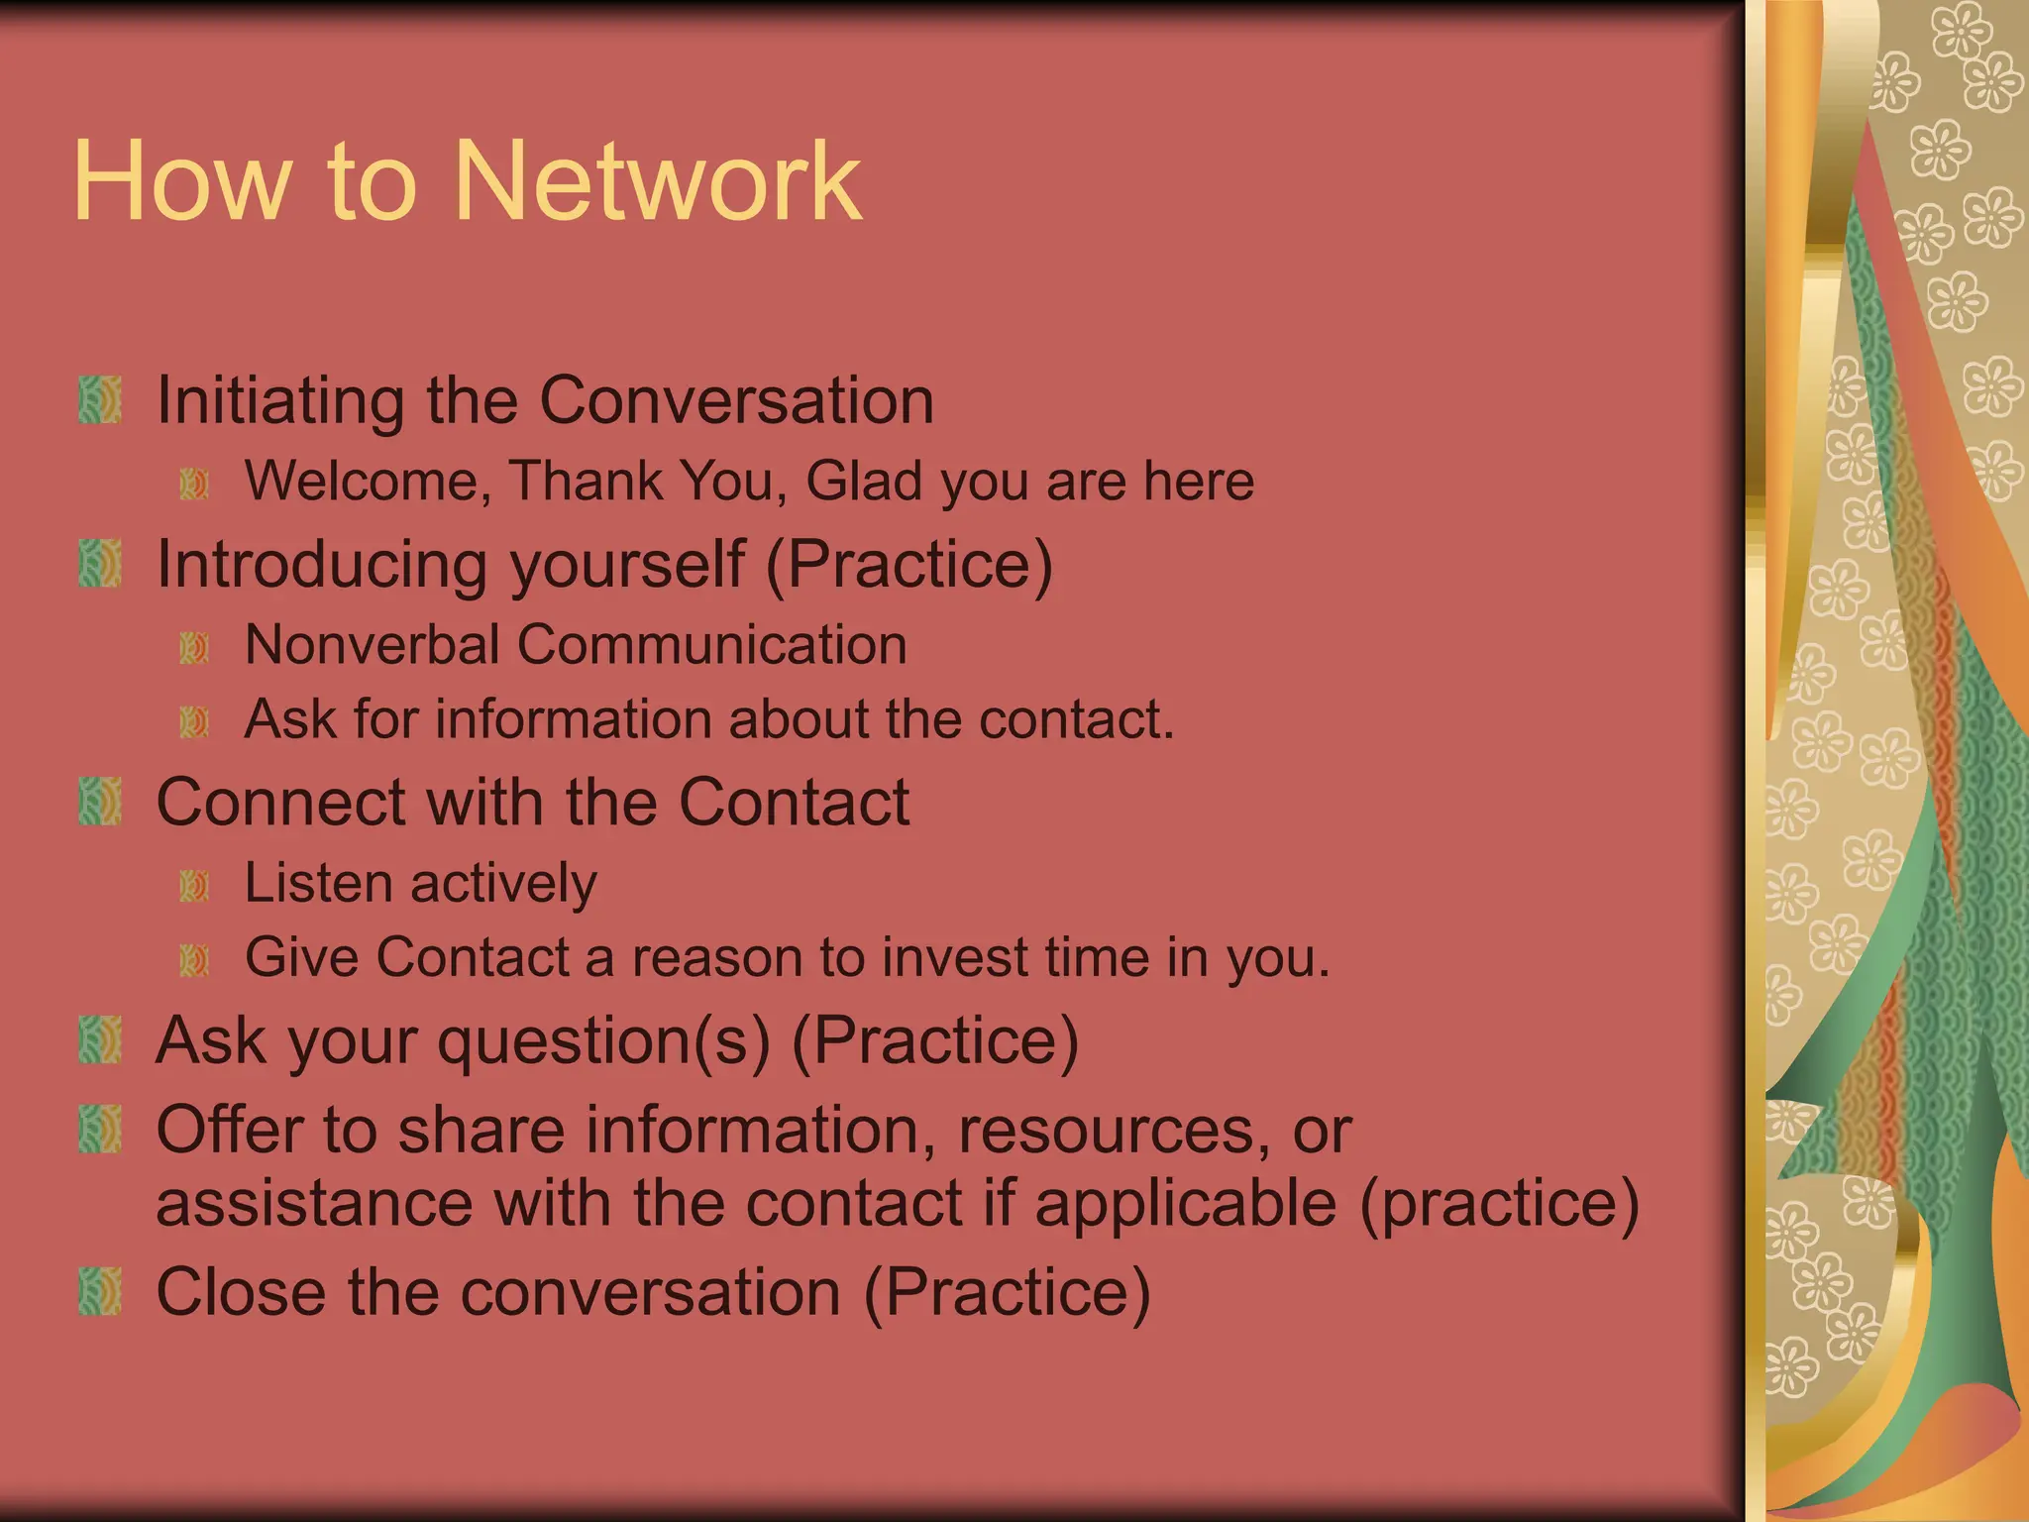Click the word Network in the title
[x=658, y=181]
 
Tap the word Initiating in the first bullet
[x=280, y=400]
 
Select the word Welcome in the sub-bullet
[x=368, y=482]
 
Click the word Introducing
[x=322, y=564]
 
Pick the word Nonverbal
[x=372, y=645]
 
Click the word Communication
[x=711, y=645]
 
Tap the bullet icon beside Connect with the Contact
[x=100, y=801]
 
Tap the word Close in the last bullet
[x=241, y=1292]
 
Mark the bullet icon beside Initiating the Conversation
[x=100, y=399]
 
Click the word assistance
[x=314, y=1203]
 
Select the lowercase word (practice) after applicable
[x=1500, y=1203]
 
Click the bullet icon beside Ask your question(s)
[x=100, y=1039]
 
